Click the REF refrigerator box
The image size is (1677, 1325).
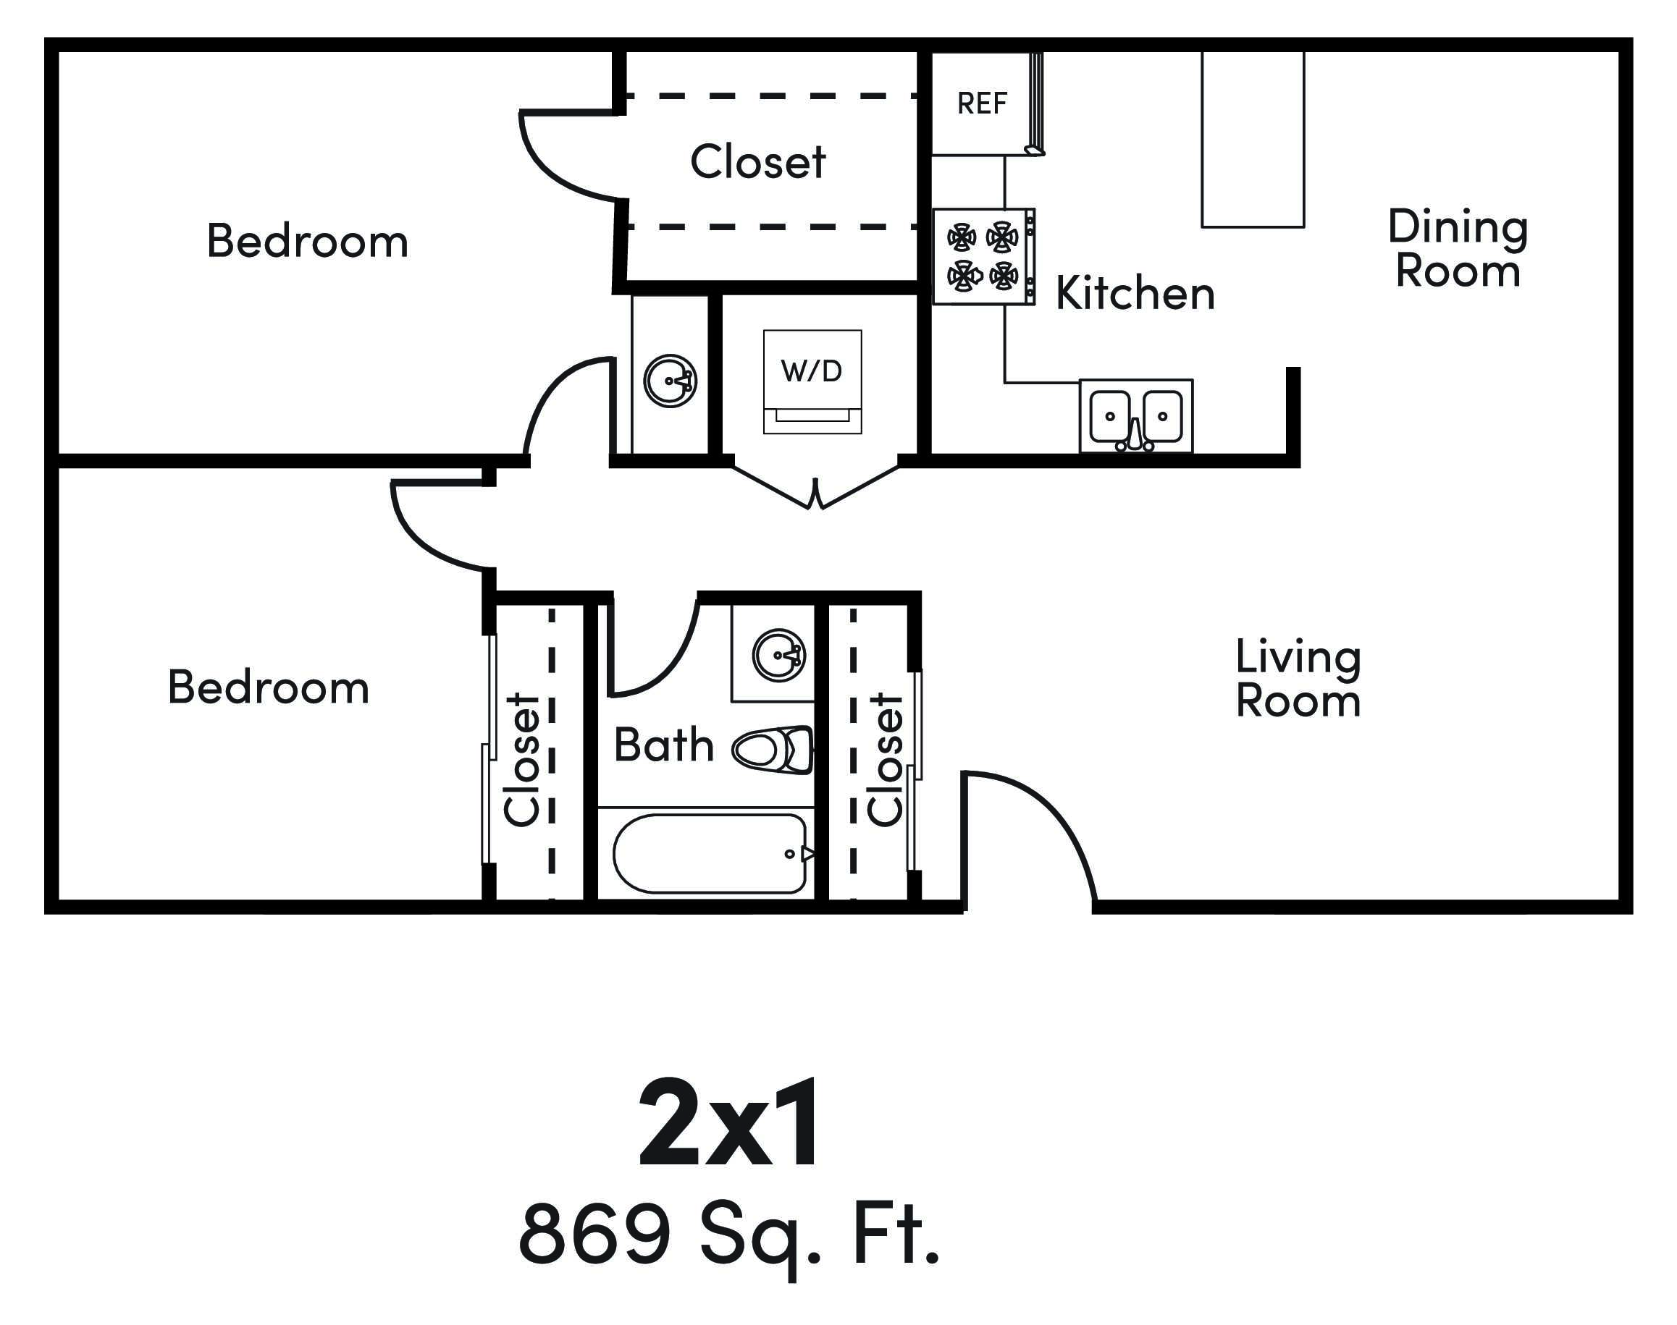981,103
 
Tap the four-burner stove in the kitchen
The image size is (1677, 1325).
983,256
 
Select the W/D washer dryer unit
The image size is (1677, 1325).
812,380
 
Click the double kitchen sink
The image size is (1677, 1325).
1135,418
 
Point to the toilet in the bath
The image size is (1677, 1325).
773,750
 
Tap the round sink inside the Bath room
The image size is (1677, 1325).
778,655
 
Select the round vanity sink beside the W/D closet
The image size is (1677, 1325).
670,381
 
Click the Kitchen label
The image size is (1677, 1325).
1135,293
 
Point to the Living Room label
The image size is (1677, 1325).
1298,679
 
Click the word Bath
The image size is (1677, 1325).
663,745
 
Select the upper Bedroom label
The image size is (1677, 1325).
307,240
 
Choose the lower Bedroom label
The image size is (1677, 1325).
269,687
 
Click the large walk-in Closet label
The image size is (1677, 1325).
757,161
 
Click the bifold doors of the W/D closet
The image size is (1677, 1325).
815,488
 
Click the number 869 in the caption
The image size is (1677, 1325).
594,1234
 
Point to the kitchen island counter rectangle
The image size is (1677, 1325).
1252,140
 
